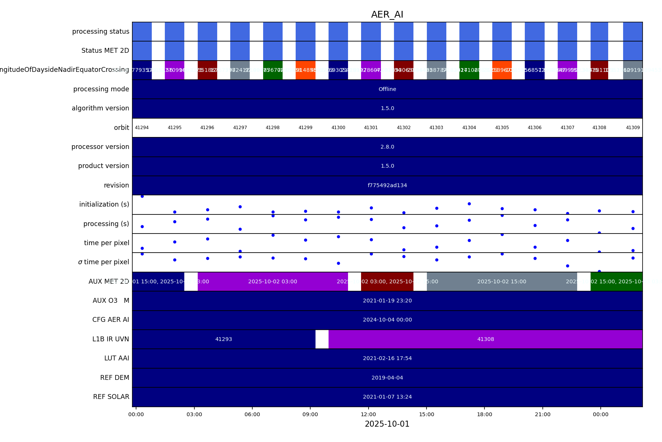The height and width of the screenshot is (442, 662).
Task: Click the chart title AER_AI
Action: pyautogui.click(x=387, y=15)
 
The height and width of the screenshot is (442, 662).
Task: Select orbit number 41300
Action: pyautogui.click(x=338, y=128)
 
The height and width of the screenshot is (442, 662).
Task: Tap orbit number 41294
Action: pyautogui.click(x=142, y=128)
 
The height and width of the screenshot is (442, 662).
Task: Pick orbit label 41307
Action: pyautogui.click(x=567, y=128)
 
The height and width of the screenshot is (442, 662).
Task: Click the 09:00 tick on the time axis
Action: pyautogui.click(x=310, y=414)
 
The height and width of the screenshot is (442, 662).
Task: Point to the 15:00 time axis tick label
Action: pyautogui.click(x=427, y=414)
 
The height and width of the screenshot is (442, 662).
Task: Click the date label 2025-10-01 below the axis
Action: pyautogui.click(x=387, y=424)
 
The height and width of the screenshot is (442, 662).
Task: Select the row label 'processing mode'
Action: pyautogui.click(x=101, y=89)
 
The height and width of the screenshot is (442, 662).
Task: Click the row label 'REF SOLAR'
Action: pyautogui.click(x=111, y=397)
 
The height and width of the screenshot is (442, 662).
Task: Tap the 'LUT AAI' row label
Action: pyautogui.click(x=117, y=358)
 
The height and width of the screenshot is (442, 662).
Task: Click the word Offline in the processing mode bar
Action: pyautogui.click(x=387, y=89)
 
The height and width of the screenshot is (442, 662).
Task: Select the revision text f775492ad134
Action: pyautogui.click(x=387, y=185)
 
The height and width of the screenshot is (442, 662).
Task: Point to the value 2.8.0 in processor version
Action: pyautogui.click(x=387, y=147)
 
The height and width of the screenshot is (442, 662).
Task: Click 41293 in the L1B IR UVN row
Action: pyautogui.click(x=224, y=339)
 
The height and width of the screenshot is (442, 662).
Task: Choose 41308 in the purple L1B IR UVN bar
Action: pyautogui.click(x=486, y=339)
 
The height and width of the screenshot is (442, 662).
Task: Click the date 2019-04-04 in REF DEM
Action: pyautogui.click(x=387, y=378)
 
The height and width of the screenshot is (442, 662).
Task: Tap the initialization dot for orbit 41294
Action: pyautogui.click(x=142, y=196)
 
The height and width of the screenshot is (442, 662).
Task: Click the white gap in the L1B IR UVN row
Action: pyautogui.click(x=322, y=339)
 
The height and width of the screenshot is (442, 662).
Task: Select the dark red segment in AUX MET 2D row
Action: pyautogui.click(x=387, y=281)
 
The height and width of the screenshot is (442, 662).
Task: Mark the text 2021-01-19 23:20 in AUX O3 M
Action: pyautogui.click(x=387, y=301)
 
